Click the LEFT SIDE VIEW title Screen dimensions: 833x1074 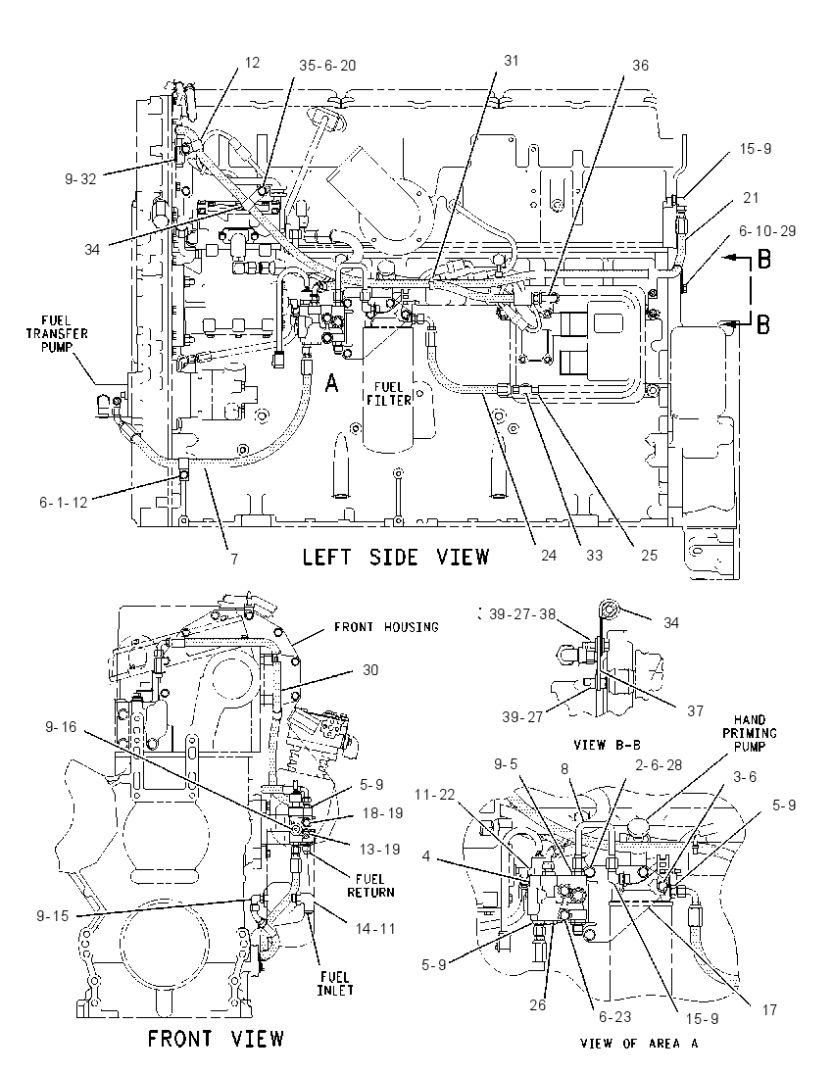tap(396, 557)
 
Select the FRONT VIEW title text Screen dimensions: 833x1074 tap(216, 1039)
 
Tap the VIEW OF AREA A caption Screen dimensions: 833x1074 tap(638, 1044)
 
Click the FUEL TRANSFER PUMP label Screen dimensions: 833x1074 tap(57, 333)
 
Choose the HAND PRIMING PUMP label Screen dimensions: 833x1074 tap(750, 733)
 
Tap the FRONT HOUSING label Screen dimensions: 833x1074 tap(386, 627)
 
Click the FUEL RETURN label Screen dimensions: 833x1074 tap(370, 886)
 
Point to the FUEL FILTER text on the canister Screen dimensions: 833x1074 tap(388, 394)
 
